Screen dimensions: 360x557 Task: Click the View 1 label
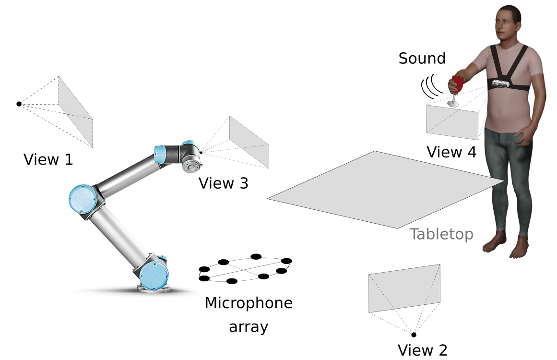(x=48, y=159)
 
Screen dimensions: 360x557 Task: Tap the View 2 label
(x=422, y=350)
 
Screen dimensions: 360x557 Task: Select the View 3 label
(x=224, y=183)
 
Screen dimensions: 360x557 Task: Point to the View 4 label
(x=451, y=152)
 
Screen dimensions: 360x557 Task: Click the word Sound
(x=422, y=59)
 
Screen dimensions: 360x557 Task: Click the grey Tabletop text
(x=441, y=234)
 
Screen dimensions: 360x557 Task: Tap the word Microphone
(x=248, y=303)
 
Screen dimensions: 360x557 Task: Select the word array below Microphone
(x=248, y=327)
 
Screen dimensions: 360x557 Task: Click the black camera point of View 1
(x=19, y=104)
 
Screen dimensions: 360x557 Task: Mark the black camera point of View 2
(x=414, y=335)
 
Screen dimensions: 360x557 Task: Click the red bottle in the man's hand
(x=457, y=84)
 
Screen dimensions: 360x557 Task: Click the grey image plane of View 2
(x=404, y=288)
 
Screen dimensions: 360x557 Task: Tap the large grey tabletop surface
(x=384, y=190)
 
